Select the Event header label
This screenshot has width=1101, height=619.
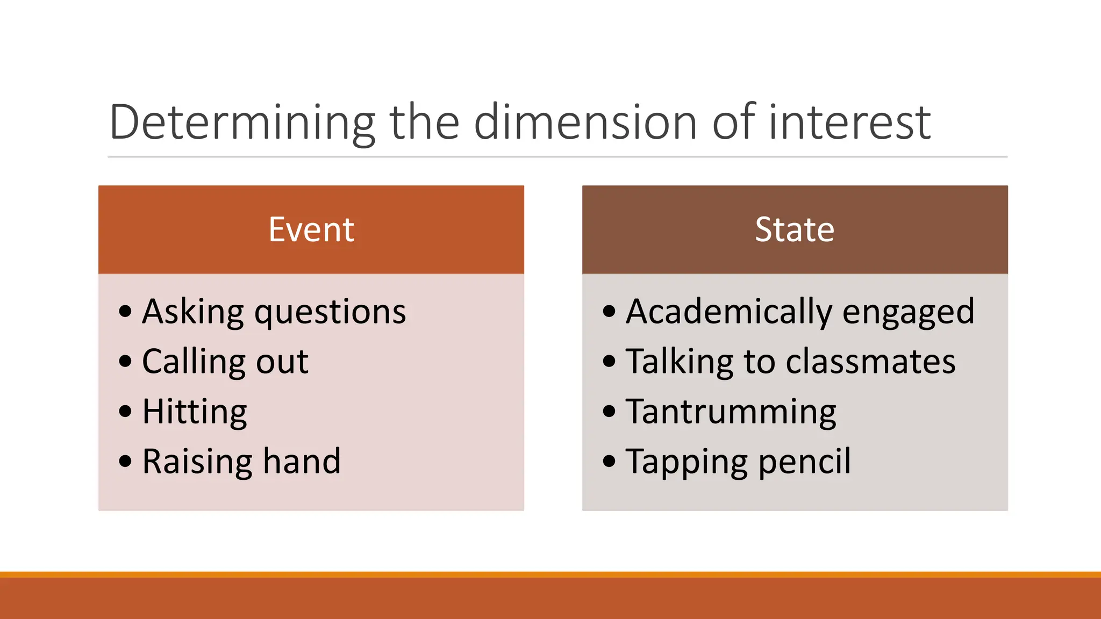(x=311, y=229)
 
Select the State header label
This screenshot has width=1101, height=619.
(x=795, y=229)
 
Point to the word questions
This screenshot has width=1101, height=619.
(x=330, y=312)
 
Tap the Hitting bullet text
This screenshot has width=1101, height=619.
(x=195, y=412)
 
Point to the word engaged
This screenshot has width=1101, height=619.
(x=908, y=312)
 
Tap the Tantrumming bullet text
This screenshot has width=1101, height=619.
(x=731, y=412)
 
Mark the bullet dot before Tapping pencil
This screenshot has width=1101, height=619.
(x=609, y=462)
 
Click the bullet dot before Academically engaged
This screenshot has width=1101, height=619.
(x=609, y=312)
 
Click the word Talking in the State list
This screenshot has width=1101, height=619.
(x=680, y=361)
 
